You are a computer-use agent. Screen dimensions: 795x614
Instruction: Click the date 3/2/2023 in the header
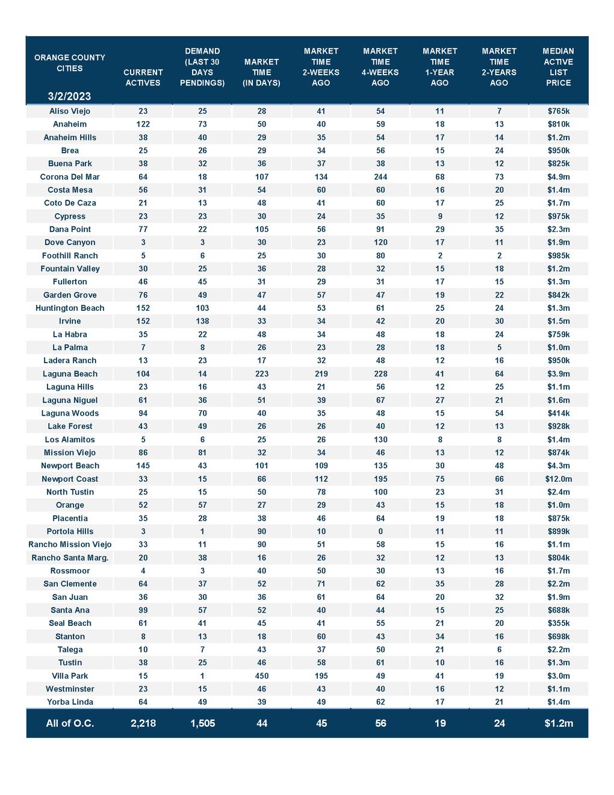(70, 96)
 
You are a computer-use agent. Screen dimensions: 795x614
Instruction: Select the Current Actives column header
(143, 78)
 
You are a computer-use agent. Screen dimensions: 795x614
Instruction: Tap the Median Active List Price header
(558, 67)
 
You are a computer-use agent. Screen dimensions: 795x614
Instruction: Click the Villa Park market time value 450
(262, 676)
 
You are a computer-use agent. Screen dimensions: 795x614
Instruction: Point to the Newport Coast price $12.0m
(558, 479)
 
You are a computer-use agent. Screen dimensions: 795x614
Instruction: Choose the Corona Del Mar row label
(70, 177)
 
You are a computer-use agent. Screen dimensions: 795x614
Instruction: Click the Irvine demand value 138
(202, 321)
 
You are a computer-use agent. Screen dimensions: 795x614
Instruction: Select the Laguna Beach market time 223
(262, 374)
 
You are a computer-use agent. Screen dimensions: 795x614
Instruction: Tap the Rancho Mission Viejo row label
(70, 544)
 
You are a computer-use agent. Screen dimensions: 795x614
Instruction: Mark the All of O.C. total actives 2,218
(143, 723)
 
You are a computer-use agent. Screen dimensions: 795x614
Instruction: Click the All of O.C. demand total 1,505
(202, 723)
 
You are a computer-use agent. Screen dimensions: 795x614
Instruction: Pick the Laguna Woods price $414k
(558, 413)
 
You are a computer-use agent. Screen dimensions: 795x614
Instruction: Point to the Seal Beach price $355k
(558, 623)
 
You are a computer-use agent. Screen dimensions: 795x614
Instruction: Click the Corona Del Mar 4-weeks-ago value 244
(380, 177)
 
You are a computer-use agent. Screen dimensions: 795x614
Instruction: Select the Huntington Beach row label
(70, 308)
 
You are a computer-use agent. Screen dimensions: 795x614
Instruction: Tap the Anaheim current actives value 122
(143, 124)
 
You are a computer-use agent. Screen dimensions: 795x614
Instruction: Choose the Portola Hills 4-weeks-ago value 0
(380, 531)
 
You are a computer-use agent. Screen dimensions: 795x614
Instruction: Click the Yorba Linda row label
(70, 702)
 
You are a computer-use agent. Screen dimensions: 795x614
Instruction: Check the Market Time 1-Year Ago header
(439, 67)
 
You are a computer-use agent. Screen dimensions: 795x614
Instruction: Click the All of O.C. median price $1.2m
(558, 723)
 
